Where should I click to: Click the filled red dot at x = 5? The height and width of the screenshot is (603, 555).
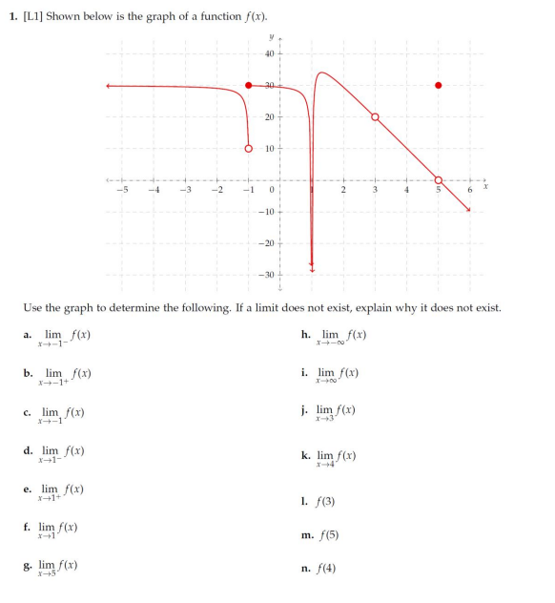439,85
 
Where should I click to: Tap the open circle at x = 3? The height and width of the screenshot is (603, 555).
375,116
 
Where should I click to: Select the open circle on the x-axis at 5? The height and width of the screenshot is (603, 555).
439,180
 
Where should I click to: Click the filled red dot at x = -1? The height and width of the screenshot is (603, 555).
249,85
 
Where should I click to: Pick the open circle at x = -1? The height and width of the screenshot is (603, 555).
249,148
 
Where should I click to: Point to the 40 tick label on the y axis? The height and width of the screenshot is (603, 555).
269,53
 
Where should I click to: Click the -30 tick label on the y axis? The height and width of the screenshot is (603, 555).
267,276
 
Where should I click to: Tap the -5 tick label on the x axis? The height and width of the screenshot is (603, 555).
121,191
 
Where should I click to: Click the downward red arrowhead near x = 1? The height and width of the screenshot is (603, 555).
312,269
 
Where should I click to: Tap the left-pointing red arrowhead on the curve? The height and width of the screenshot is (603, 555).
110,86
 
